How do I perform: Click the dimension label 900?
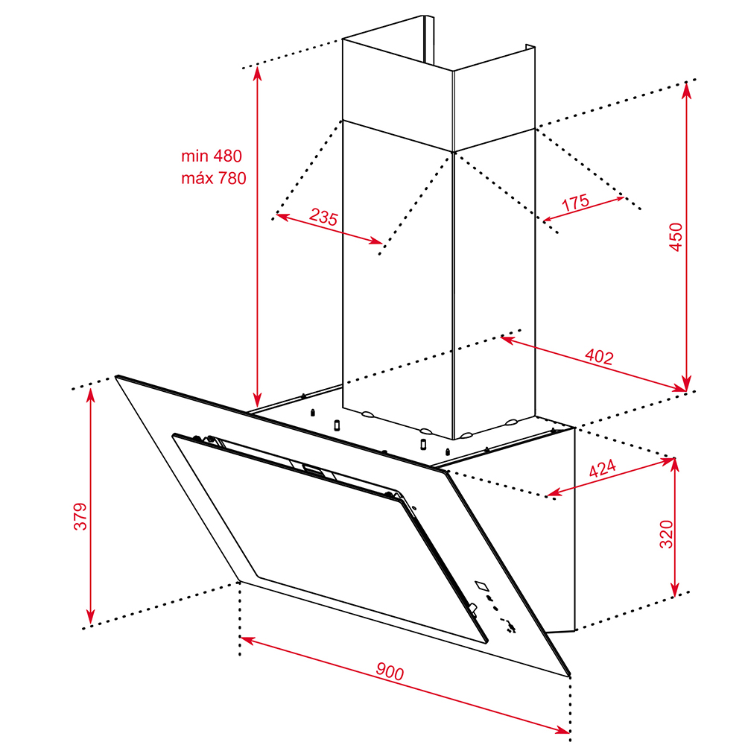click(390, 671)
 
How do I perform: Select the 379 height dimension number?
click(80, 516)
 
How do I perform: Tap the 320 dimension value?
click(666, 534)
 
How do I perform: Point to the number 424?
click(602, 468)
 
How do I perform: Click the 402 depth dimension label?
click(599, 356)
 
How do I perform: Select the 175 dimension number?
click(575, 203)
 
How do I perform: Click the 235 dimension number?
click(323, 217)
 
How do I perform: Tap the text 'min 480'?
click(212, 156)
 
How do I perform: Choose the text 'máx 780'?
click(213, 178)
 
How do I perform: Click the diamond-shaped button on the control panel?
click(482, 586)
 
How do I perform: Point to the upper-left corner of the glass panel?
click(116, 376)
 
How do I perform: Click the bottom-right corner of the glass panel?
click(569, 675)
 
